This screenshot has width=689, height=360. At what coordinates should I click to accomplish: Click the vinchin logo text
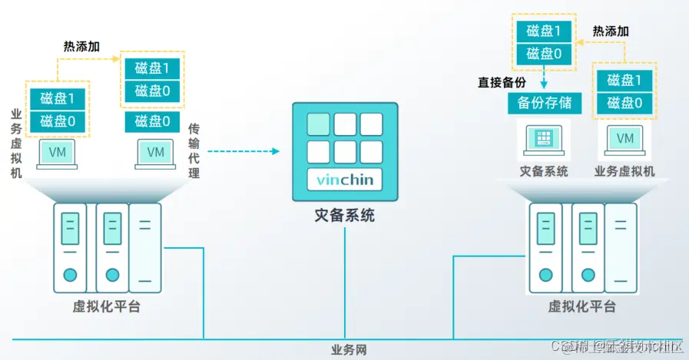point(344,180)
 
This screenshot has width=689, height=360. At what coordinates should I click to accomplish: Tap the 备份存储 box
point(545,104)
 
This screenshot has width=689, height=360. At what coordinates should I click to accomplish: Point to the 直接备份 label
point(501,82)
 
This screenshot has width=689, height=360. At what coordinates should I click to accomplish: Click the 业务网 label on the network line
point(349,350)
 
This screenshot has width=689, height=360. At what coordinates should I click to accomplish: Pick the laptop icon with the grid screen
point(545,140)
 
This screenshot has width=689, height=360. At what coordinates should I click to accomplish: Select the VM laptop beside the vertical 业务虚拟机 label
point(58,153)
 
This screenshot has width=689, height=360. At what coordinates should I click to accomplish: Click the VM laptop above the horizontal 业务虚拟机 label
point(625,140)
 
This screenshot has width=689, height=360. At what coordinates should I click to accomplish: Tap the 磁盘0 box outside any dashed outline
point(152,121)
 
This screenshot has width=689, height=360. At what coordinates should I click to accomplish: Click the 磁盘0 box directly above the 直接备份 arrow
point(544,54)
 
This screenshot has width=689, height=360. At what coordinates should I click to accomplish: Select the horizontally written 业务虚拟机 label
point(624,171)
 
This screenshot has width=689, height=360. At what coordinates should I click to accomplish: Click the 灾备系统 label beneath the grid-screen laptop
point(544,171)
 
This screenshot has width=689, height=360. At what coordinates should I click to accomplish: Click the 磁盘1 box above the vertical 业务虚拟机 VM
point(58,98)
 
